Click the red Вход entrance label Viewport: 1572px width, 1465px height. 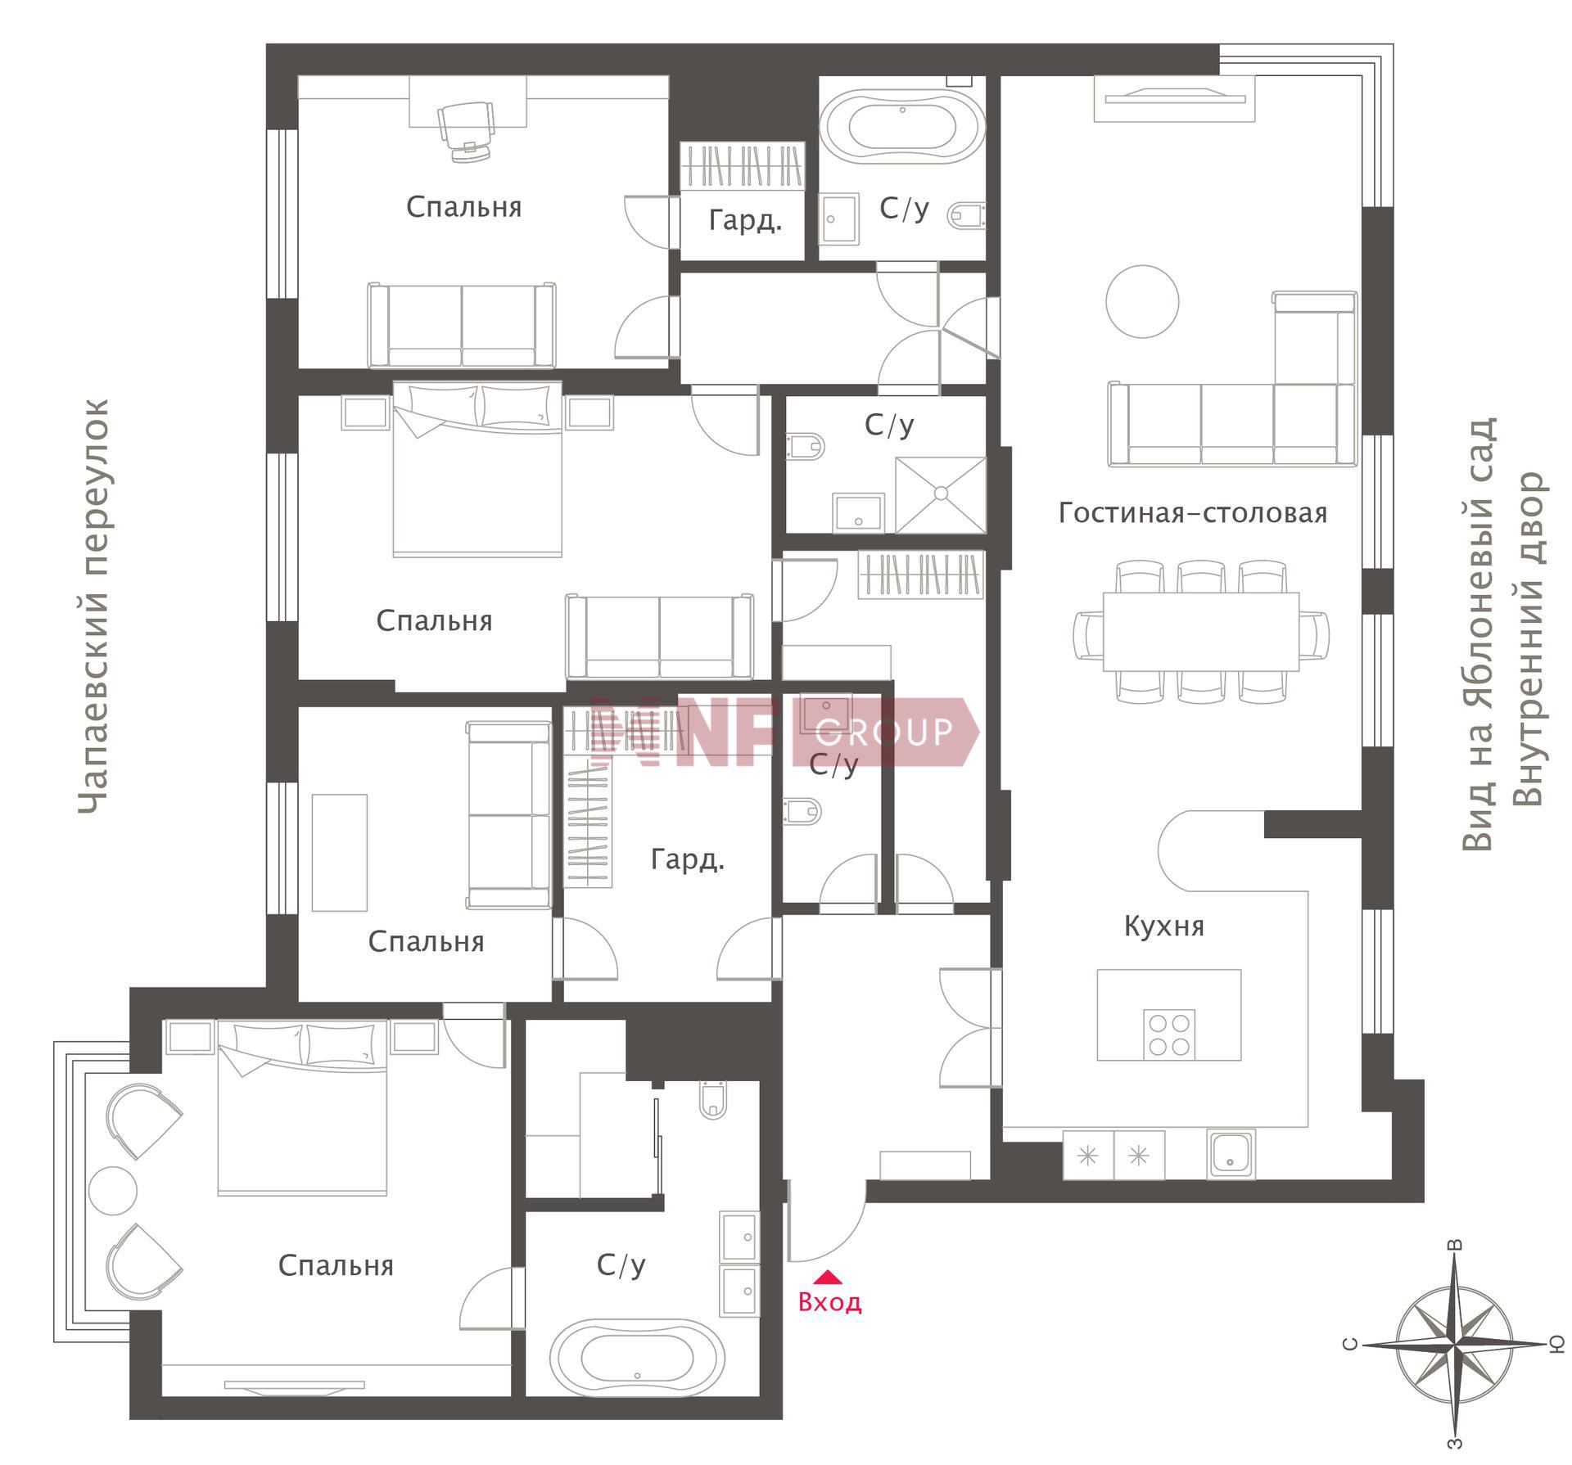[829, 1302]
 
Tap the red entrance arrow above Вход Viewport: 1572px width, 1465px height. [829, 1276]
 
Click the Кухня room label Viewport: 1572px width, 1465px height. [1163, 926]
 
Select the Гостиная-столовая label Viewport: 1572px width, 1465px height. [1192, 513]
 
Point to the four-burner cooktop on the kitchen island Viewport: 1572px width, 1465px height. [1168, 1035]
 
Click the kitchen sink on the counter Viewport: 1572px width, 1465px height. [1231, 1155]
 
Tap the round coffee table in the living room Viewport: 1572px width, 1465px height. [1142, 301]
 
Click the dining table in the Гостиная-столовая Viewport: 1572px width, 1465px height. [1201, 631]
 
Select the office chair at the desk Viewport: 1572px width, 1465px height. [468, 130]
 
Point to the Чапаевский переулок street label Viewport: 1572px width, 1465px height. [93, 606]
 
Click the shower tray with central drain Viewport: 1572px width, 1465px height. [941, 494]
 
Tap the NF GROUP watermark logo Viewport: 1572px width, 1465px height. [784, 732]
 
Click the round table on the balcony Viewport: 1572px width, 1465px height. [113, 1191]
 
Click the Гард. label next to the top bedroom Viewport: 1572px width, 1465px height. [745, 220]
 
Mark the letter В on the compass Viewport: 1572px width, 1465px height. [1456, 1245]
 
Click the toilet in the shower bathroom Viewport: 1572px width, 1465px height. [805, 446]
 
